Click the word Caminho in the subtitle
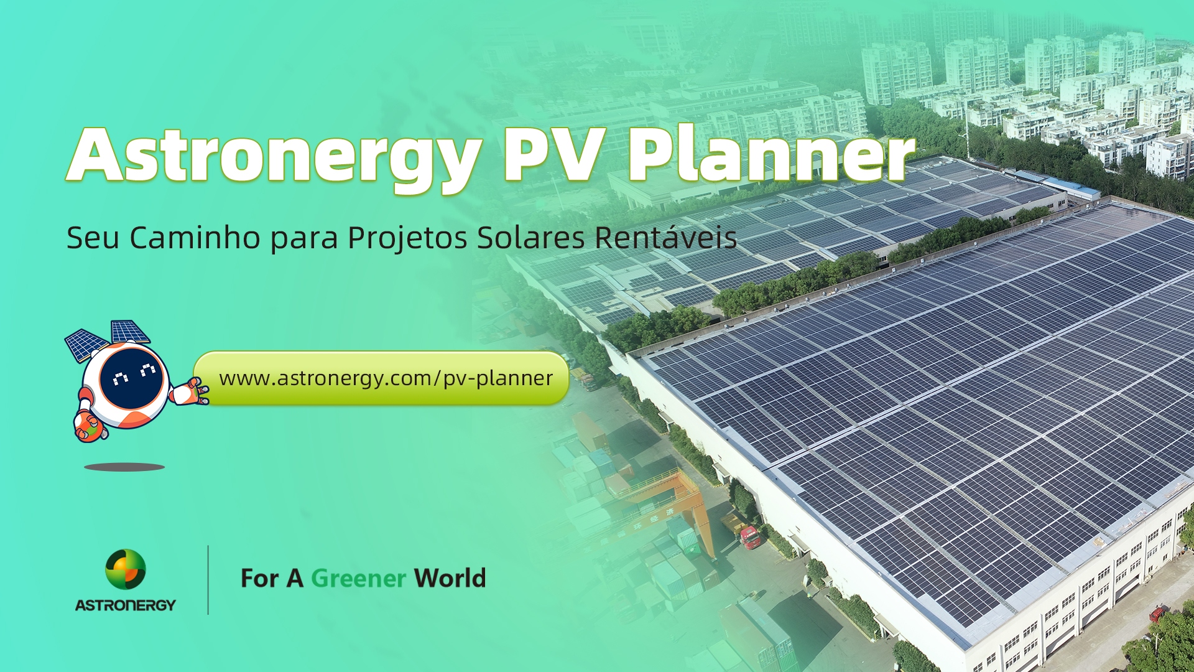[195, 238]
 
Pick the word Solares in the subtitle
[530, 238]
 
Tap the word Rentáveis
[666, 237]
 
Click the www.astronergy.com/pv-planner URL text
[386, 378]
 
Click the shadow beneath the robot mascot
[124, 467]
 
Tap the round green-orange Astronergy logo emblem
[126, 569]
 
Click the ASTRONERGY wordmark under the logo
[126, 605]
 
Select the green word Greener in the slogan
[359, 579]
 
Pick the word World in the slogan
[450, 578]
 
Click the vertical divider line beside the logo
[208, 580]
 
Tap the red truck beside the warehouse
[751, 538]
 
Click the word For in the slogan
[259, 579]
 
